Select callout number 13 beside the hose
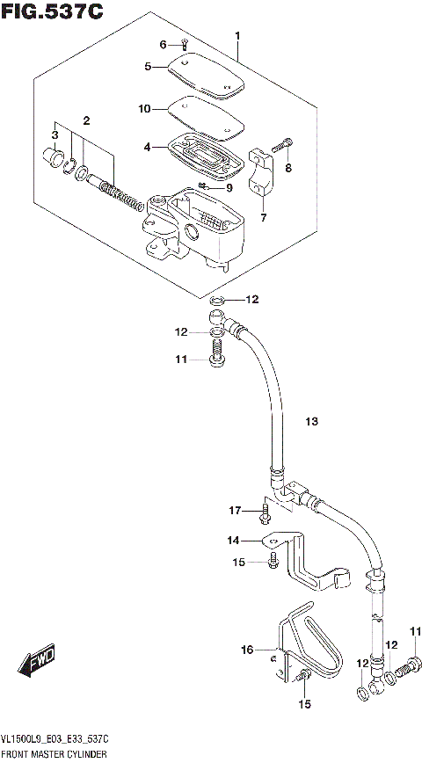(310, 423)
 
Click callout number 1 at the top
(236, 36)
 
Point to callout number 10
(143, 109)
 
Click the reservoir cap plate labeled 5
(205, 74)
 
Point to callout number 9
(229, 187)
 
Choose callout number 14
(233, 540)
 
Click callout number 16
(248, 650)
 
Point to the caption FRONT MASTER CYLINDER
(55, 755)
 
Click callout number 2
(87, 120)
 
